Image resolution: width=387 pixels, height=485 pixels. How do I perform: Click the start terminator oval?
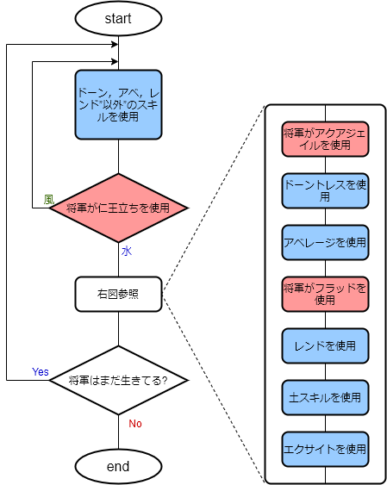pos(118,18)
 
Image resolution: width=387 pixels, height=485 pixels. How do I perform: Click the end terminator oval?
pos(118,466)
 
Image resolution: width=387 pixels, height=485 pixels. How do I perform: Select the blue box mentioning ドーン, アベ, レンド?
pos(118,103)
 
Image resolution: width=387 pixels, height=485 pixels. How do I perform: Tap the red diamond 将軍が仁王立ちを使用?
pos(118,208)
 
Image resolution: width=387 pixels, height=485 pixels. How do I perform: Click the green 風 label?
pos(49,199)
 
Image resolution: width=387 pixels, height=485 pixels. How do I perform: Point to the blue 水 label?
pos(126,251)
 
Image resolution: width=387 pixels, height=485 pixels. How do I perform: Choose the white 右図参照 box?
pos(118,294)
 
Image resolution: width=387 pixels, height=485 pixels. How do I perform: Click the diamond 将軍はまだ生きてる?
pos(118,380)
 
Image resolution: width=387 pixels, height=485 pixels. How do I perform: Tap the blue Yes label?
pos(41,371)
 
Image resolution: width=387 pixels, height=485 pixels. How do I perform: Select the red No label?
pos(135,423)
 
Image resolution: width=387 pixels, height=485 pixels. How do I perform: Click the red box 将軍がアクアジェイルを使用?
pos(325,139)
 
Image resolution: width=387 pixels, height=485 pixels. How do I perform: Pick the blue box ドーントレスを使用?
pos(325,190)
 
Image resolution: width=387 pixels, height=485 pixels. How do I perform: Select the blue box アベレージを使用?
pos(325,242)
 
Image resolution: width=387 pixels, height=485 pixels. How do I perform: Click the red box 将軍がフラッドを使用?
pos(325,294)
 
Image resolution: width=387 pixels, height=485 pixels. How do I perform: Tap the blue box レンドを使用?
pos(325,345)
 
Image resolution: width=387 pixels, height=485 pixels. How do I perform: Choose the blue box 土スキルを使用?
pos(325,397)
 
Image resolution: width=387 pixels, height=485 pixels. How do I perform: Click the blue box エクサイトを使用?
pos(325,449)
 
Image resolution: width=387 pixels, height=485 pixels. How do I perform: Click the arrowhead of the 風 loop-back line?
pos(114,61)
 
